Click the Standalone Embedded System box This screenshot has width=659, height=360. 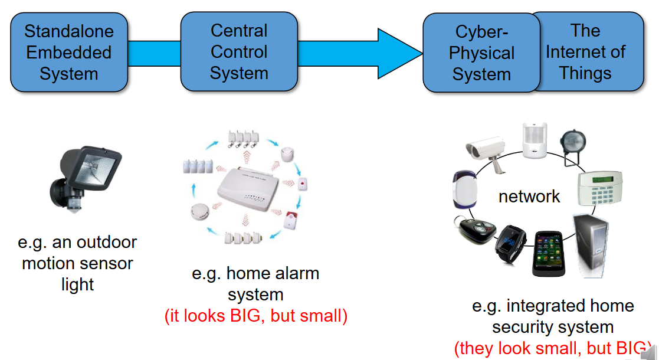tap(70, 53)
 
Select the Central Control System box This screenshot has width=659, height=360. tap(238, 52)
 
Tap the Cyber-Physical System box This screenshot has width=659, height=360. tap(481, 53)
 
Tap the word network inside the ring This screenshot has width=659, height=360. tap(529, 197)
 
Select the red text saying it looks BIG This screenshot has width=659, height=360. tap(255, 316)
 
